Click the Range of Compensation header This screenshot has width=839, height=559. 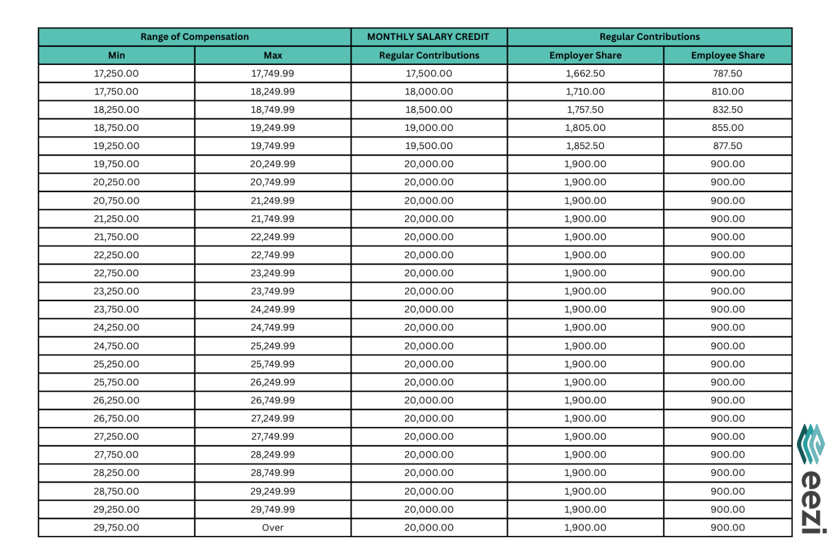click(x=194, y=37)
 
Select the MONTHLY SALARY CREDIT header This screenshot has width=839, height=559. click(x=428, y=37)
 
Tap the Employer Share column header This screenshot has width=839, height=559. click(x=585, y=55)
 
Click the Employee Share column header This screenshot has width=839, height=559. click(x=728, y=55)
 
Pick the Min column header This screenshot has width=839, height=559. click(x=116, y=55)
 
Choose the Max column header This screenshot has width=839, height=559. click(x=273, y=55)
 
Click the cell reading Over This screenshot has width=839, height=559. click(x=273, y=527)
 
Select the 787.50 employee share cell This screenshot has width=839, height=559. click(x=728, y=73)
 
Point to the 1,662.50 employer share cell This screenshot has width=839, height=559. click(x=585, y=73)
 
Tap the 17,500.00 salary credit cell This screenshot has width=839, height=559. click(x=429, y=73)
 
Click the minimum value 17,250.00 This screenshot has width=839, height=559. click(x=116, y=73)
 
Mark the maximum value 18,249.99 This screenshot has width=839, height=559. click(x=273, y=92)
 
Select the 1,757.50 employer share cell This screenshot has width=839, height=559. click(x=585, y=110)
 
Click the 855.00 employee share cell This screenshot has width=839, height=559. click(x=728, y=128)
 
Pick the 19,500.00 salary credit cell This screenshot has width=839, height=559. click(x=429, y=146)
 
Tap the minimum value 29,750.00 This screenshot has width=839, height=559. click(x=116, y=527)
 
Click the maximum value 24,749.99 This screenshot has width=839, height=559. click(x=273, y=328)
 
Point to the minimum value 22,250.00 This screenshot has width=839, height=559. click(x=116, y=255)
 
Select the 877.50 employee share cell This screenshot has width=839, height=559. click(x=728, y=146)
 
